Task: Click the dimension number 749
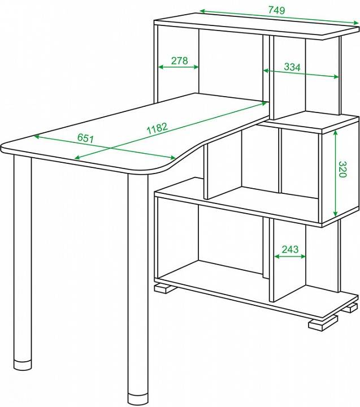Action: pos(276,10)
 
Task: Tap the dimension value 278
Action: pos(179,60)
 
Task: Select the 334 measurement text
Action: pos(292,67)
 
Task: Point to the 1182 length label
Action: pos(158,128)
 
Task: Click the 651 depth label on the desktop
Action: pos(85,138)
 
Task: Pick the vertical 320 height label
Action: pos(342,169)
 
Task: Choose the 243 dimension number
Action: pos(290,249)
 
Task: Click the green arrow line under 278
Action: pos(179,67)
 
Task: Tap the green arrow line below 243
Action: pos(290,257)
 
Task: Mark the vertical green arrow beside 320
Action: pos(335,173)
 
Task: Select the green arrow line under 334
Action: pos(301,73)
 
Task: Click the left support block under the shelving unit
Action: pos(163,288)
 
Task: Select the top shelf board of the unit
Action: pos(256,25)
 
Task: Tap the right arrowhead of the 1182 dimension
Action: pos(264,104)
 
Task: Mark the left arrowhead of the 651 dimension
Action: pos(38,136)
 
